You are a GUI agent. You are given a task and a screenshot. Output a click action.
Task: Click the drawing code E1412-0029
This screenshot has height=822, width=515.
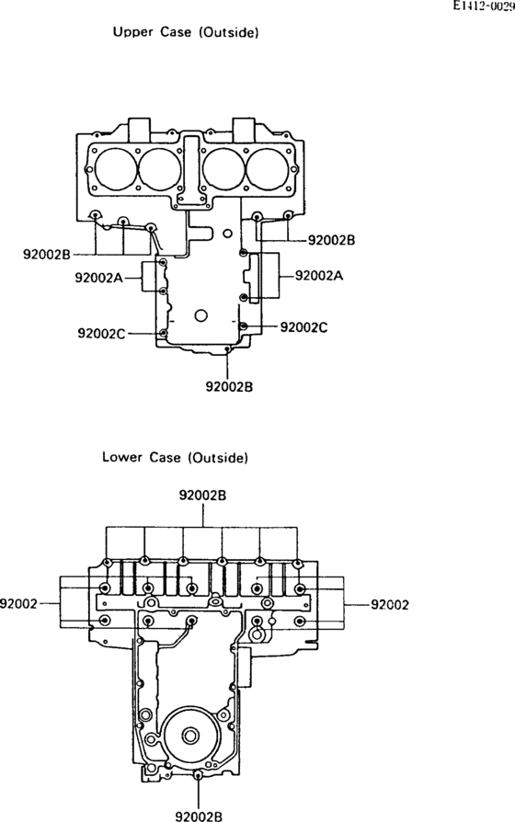point(484,6)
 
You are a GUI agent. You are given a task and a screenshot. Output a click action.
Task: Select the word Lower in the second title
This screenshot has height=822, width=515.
point(121,457)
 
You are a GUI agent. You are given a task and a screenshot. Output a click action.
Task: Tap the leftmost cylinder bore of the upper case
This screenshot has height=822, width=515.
point(115,169)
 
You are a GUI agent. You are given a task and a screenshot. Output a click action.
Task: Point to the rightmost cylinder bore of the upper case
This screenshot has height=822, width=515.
point(268,169)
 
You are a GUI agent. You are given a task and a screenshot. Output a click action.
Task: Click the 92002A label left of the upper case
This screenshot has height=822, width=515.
point(98,278)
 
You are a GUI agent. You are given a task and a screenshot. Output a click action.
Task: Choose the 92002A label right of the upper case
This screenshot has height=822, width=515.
point(319,276)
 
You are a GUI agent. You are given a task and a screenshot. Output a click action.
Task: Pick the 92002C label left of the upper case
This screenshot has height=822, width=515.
point(102,334)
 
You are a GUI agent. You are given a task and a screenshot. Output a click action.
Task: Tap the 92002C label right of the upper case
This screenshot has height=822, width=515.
point(304,327)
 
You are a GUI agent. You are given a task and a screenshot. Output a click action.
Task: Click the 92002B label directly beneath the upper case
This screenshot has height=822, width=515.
point(229,386)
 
